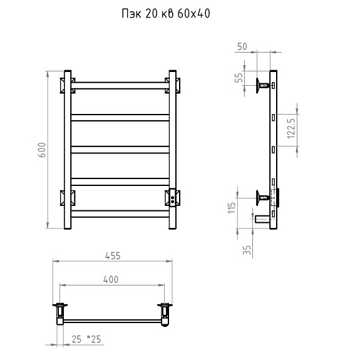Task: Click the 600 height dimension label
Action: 42,150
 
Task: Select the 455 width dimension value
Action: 113,255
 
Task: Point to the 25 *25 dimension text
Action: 86,339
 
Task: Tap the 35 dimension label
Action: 247,250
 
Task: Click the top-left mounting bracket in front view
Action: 67,84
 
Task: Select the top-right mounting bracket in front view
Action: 173,84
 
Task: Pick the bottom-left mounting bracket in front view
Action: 67,197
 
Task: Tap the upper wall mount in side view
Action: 262,84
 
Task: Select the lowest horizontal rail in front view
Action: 119,213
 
